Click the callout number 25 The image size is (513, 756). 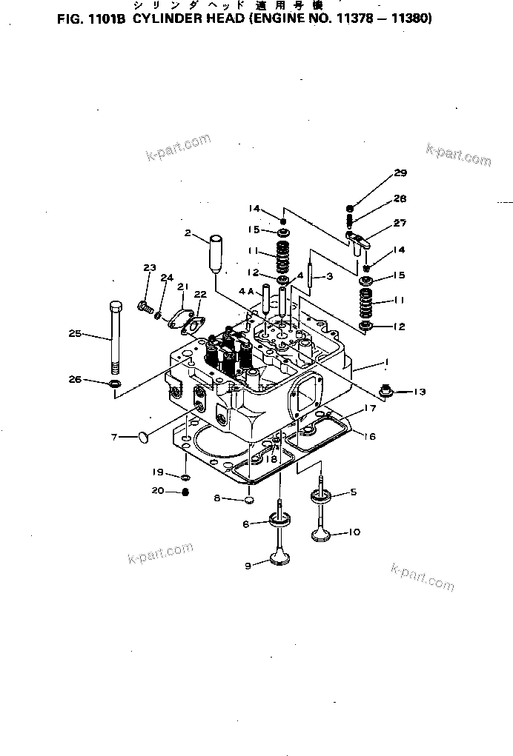[x=75, y=333]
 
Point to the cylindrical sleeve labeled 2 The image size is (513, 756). [x=216, y=252]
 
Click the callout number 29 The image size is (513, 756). [x=400, y=173]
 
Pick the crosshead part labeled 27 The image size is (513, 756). [x=358, y=239]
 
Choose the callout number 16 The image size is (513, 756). [x=368, y=436]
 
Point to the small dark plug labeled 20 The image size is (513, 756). [x=186, y=492]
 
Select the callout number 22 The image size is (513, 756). [x=200, y=294]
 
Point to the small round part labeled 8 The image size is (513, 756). [x=249, y=500]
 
